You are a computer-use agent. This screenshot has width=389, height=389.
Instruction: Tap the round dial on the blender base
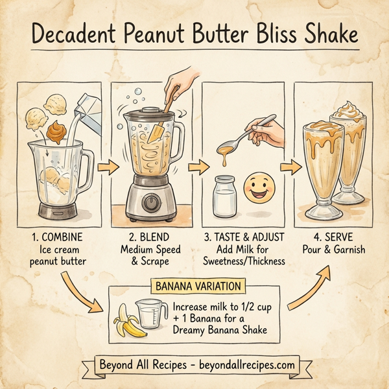[150, 202]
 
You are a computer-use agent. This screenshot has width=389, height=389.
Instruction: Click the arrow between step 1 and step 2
[108, 167]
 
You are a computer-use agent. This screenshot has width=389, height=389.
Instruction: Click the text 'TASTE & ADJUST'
[247, 237]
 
